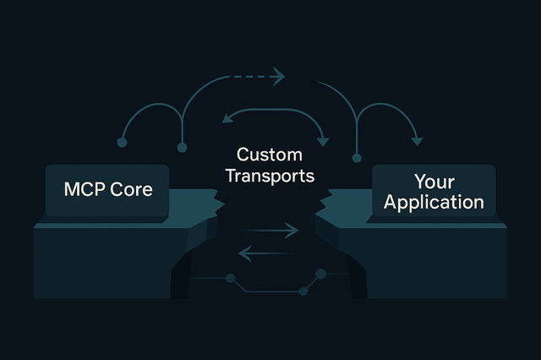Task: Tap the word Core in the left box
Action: pos(131,188)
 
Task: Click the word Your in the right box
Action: pos(434,182)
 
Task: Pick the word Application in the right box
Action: pos(434,203)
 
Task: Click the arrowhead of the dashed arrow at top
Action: pos(279,77)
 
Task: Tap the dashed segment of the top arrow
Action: pos(249,77)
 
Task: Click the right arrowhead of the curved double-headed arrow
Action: pos(322,134)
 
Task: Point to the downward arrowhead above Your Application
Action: pos(416,139)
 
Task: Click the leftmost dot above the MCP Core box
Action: pos(122,144)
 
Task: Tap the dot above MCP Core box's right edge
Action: pos(181,148)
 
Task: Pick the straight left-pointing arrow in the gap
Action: pos(269,251)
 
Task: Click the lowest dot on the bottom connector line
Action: pos(303,291)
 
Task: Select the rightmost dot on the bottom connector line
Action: pos(320,274)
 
